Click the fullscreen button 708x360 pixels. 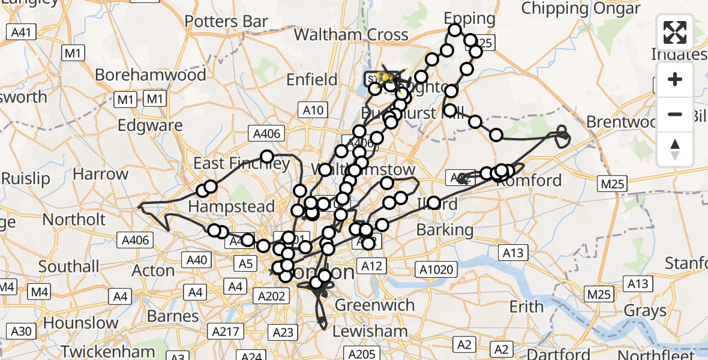click(x=675, y=32)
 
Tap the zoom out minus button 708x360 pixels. click(x=675, y=114)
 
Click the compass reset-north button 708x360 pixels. click(x=675, y=149)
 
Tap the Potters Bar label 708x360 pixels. click(x=226, y=22)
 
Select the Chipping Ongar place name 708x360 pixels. click(x=581, y=8)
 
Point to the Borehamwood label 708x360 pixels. click(x=151, y=75)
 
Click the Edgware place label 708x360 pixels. click(x=151, y=125)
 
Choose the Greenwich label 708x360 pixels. click(x=374, y=305)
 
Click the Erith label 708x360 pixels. click(x=526, y=307)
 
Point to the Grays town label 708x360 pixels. click(x=646, y=311)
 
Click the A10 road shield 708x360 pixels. click(x=313, y=110)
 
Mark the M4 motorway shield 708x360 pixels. click(x=40, y=292)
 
